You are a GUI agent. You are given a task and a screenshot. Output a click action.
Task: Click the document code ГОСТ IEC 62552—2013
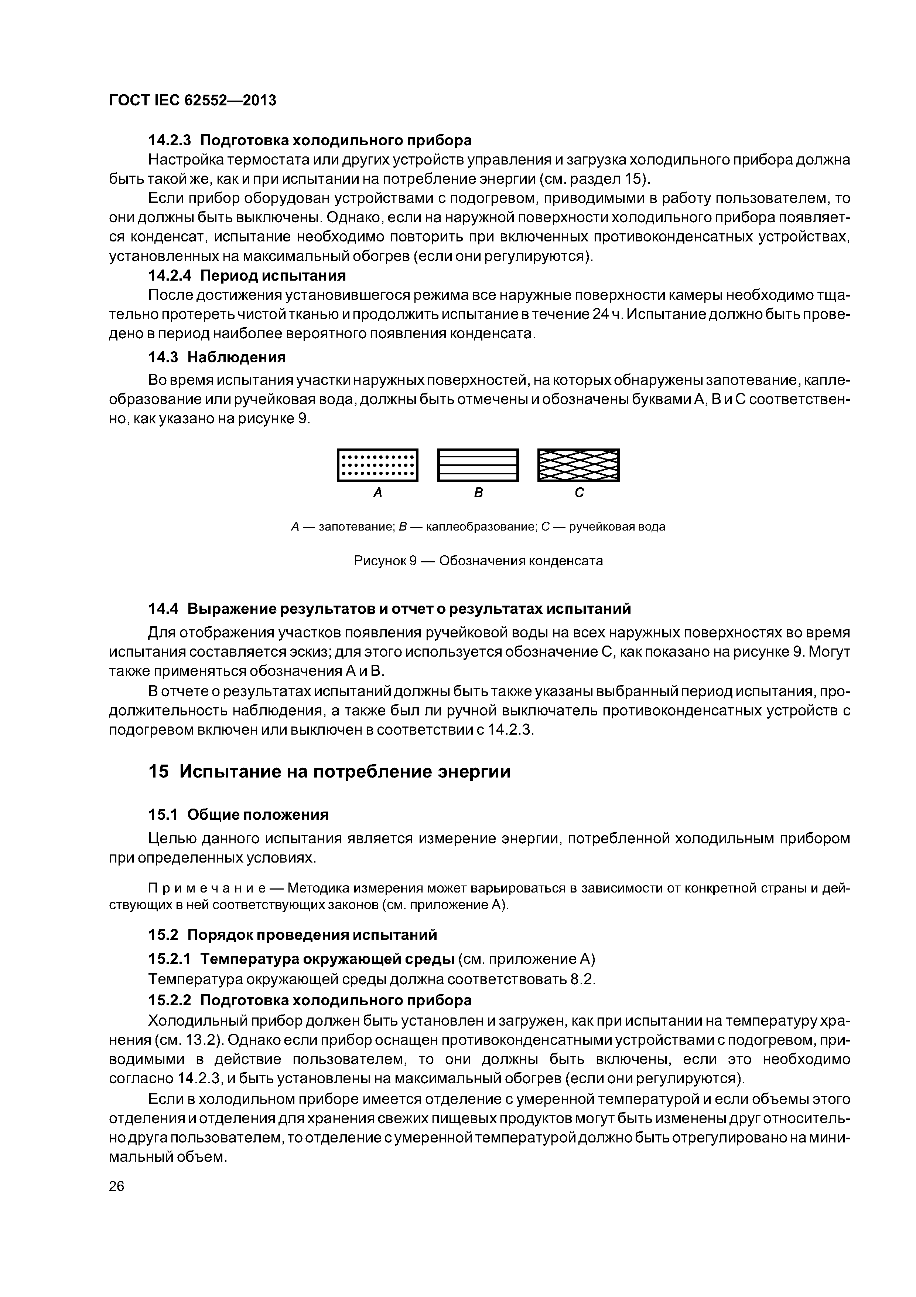192,101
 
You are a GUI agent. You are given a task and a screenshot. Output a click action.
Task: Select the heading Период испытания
273,276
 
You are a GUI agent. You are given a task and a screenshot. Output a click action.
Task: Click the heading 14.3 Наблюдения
217,357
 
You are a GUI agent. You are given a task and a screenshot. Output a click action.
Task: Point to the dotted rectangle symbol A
377,465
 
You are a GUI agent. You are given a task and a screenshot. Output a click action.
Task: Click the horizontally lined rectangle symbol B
478,465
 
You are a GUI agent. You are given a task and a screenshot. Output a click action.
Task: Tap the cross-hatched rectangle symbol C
578,465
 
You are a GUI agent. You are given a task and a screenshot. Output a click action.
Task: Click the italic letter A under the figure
377,493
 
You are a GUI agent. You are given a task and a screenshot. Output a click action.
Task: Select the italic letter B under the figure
478,493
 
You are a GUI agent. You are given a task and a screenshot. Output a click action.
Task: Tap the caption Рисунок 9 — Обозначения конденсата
478,561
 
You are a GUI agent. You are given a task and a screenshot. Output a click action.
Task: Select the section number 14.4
163,609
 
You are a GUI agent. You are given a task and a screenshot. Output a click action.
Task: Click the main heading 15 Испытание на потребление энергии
329,772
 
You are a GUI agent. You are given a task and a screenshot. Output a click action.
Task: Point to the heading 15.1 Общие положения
238,815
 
